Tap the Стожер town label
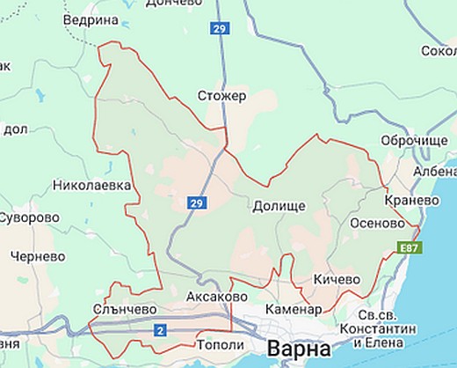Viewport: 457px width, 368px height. (223, 95)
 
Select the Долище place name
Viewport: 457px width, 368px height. (279, 206)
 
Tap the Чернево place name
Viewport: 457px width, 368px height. (35, 256)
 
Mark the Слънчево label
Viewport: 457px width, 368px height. (124, 308)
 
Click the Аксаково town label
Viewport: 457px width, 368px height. (216, 298)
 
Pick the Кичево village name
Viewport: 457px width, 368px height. (337, 279)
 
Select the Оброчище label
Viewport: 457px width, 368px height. (414, 142)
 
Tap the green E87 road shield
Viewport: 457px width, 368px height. (410, 248)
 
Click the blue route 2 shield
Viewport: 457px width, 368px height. (160, 330)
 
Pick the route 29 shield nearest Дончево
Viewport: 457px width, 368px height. (219, 29)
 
